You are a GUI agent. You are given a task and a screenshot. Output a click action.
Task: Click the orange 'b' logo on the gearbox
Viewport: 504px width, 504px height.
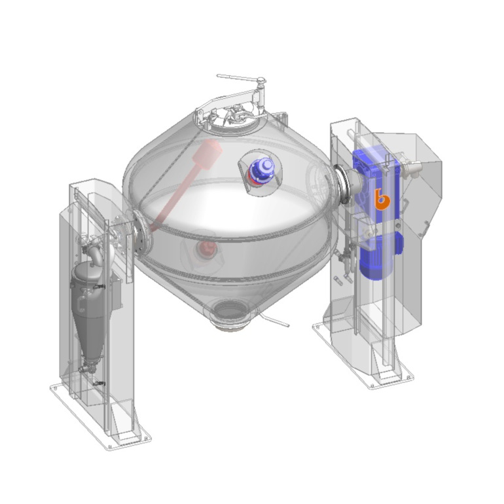(379, 199)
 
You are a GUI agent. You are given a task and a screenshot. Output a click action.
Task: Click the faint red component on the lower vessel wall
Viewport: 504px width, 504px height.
(208, 249)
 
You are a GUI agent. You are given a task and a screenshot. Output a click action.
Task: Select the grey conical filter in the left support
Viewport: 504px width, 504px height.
(88, 308)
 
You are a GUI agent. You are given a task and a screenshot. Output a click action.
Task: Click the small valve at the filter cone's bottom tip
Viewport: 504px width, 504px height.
(84, 370)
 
